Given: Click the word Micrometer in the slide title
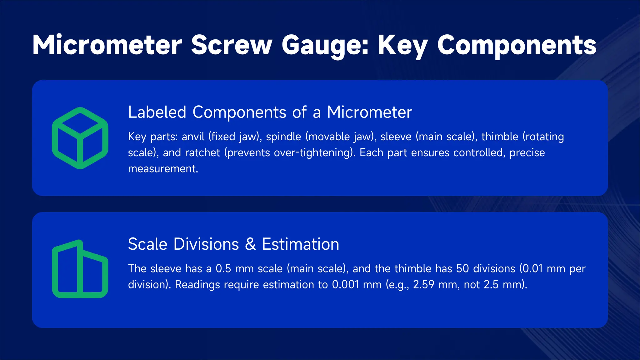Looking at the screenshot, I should pyautogui.click(x=107, y=45).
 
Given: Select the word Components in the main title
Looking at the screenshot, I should pyautogui.click(x=517, y=45).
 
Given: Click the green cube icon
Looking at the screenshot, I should pyautogui.click(x=80, y=138).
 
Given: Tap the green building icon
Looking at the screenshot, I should pyautogui.click(x=80, y=269).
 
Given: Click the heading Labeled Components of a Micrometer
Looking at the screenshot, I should pyautogui.click(x=270, y=112).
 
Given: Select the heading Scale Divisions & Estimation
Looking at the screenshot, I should pyautogui.click(x=233, y=244).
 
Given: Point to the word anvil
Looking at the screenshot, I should pyautogui.click(x=193, y=137).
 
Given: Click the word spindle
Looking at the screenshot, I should pyautogui.click(x=283, y=137).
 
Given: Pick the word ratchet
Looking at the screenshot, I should pyautogui.click(x=202, y=152).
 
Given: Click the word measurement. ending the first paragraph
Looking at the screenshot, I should pyautogui.click(x=163, y=169).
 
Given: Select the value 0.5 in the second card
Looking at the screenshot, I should pyautogui.click(x=223, y=268).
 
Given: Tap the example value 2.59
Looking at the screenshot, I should pyautogui.click(x=423, y=285).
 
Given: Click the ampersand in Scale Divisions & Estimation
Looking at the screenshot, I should pyautogui.click(x=250, y=244).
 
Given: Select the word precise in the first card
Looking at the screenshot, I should pyautogui.click(x=527, y=152).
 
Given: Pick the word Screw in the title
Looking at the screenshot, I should pyautogui.click(x=232, y=45).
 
